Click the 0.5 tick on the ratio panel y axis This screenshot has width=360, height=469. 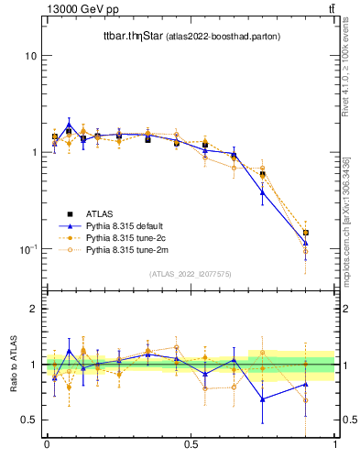tap(30, 420)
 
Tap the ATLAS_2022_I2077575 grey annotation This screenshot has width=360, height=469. tap(191, 274)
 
